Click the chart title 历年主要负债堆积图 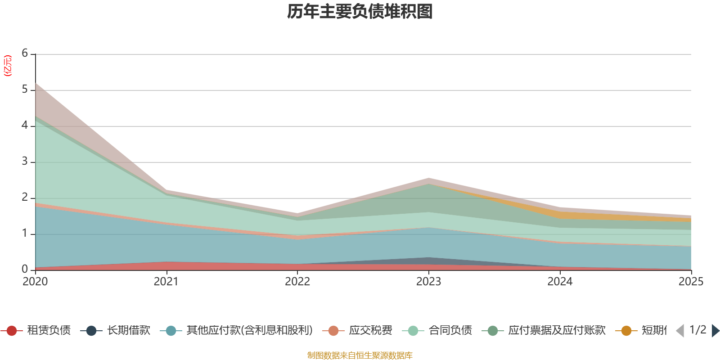click(360, 12)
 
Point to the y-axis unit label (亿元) click(7, 66)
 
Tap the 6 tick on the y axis click(25, 53)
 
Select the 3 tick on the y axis click(25, 161)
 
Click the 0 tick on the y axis click(25, 269)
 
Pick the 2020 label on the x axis click(35, 281)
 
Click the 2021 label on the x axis click(166, 281)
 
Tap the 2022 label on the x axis click(297, 281)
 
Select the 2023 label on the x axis click(428, 281)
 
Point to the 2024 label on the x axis click(560, 281)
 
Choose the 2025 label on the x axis click(691, 281)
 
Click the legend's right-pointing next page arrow click(715, 331)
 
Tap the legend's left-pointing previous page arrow click(680, 331)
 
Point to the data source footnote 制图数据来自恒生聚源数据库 click(360, 355)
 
